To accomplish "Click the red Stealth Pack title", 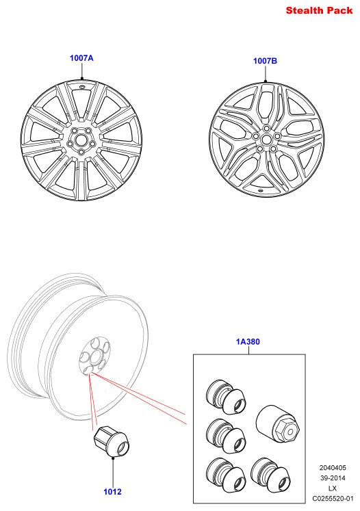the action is coord(319,10).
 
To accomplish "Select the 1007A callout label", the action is coord(81,58).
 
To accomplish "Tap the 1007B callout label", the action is coord(265,61).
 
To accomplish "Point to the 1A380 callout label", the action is coord(248,342).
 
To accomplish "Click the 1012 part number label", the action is coord(112,492).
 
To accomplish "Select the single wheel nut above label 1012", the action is coord(112,441).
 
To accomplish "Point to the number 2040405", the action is coord(333,468).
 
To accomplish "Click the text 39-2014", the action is coord(333,478).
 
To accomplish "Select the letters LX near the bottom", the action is coord(333,488).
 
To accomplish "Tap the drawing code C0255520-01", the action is coord(333,499).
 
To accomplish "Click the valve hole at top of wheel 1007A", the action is coord(81,87).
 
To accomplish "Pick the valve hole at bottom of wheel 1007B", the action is coord(260,190).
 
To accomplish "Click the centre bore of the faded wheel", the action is coord(97,354).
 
